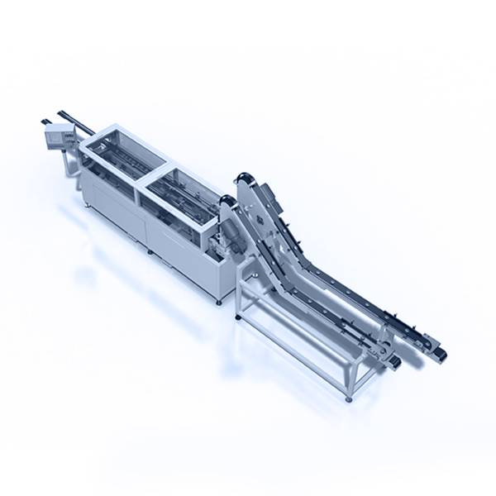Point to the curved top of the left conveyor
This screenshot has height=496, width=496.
click(x=227, y=201)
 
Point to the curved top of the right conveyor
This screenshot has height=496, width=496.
click(x=244, y=177)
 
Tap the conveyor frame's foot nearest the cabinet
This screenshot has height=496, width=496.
click(x=238, y=317)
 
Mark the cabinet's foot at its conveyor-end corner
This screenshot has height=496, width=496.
click(x=219, y=302)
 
